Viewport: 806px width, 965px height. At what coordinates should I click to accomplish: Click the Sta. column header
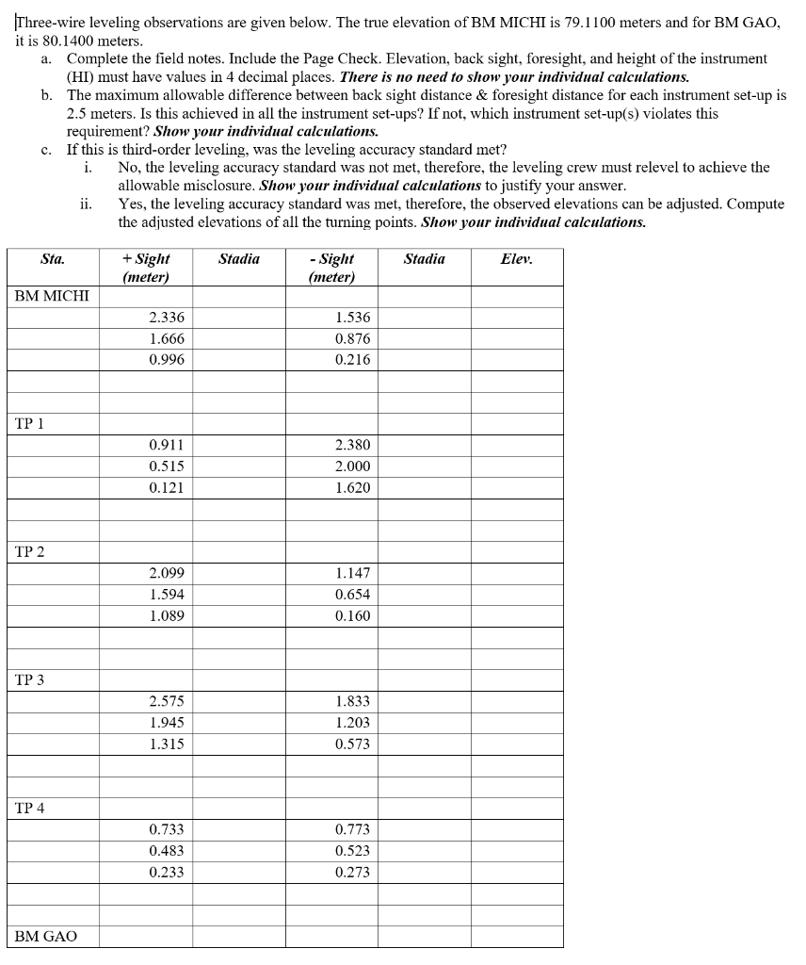(53, 259)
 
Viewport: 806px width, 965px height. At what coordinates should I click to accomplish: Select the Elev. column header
(517, 259)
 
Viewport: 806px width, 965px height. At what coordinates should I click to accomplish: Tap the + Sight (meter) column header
(146, 268)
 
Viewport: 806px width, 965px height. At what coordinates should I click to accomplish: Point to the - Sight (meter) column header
(331, 268)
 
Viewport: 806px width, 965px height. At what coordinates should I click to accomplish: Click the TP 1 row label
(30, 423)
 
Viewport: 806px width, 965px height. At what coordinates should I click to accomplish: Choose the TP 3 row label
(30, 679)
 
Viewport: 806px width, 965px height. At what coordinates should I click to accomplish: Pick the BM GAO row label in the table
(46, 937)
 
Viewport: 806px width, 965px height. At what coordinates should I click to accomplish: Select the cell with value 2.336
(167, 318)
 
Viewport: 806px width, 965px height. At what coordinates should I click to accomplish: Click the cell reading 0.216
(352, 360)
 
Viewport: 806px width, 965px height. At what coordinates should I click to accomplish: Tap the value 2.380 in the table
(352, 446)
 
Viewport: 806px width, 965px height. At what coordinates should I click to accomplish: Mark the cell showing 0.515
(167, 466)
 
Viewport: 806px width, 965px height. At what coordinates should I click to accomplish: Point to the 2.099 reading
(167, 573)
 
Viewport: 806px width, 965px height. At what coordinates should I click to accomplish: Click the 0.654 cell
(352, 595)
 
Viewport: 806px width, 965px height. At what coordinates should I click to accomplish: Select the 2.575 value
(167, 701)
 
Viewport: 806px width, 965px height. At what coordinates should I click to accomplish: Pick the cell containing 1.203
(352, 723)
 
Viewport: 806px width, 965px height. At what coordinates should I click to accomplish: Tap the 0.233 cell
(167, 872)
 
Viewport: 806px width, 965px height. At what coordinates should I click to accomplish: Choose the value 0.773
(352, 829)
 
